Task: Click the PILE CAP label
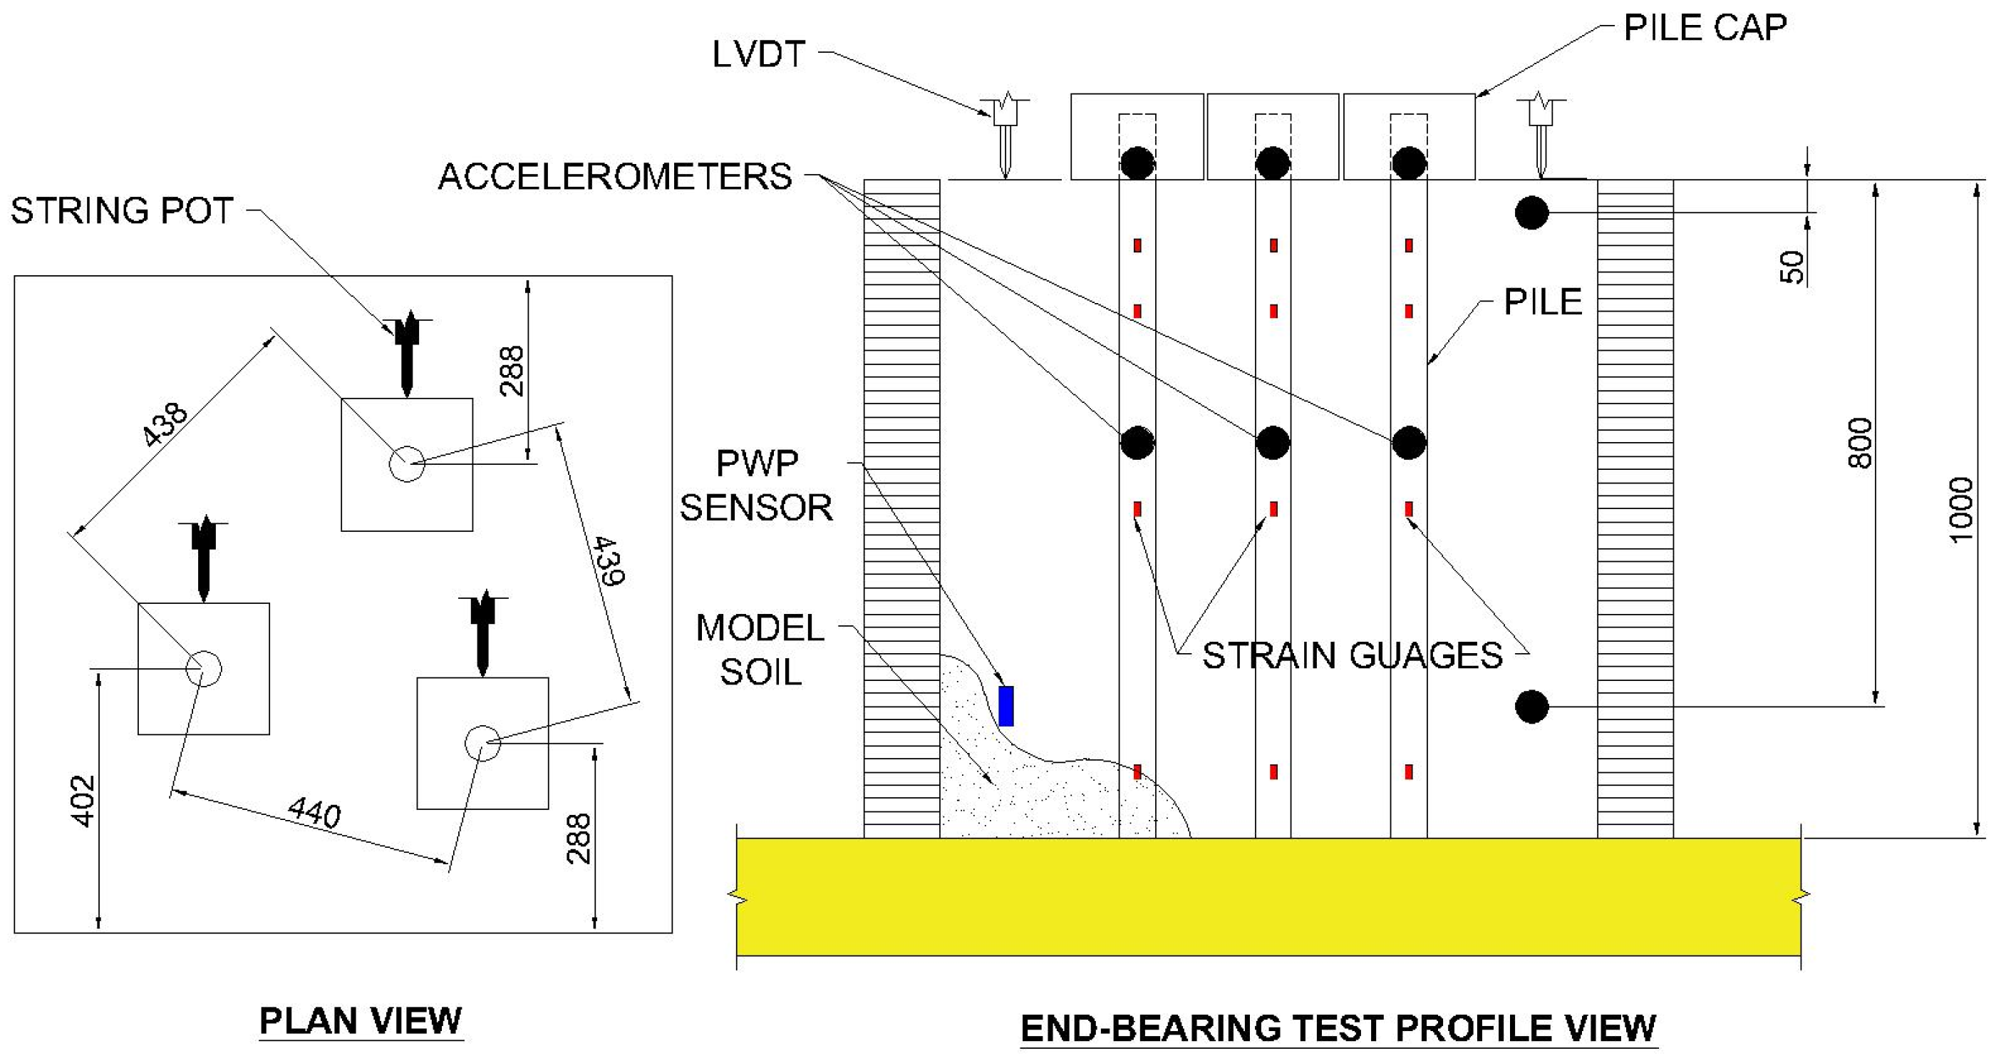pyautogui.click(x=1705, y=29)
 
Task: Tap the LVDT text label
pyautogui.click(x=758, y=55)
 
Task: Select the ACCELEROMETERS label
pyautogui.click(x=614, y=177)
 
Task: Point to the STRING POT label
pyautogui.click(x=122, y=211)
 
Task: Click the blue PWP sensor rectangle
pyautogui.click(x=1006, y=707)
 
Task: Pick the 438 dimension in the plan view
pyautogui.click(x=165, y=424)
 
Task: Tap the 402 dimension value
pyautogui.click(x=83, y=800)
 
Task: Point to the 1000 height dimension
pyautogui.click(x=1961, y=510)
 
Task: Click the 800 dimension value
pyautogui.click(x=1861, y=443)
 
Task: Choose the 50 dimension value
pyautogui.click(x=1792, y=267)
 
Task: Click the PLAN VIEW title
pyautogui.click(x=361, y=1021)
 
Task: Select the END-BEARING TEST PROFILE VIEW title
pyautogui.click(x=1338, y=1029)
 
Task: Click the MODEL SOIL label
pyautogui.click(x=760, y=650)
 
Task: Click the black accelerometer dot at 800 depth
pyautogui.click(x=1532, y=707)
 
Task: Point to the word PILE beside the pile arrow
pyautogui.click(x=1543, y=302)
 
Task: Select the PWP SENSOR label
pyautogui.click(x=757, y=486)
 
